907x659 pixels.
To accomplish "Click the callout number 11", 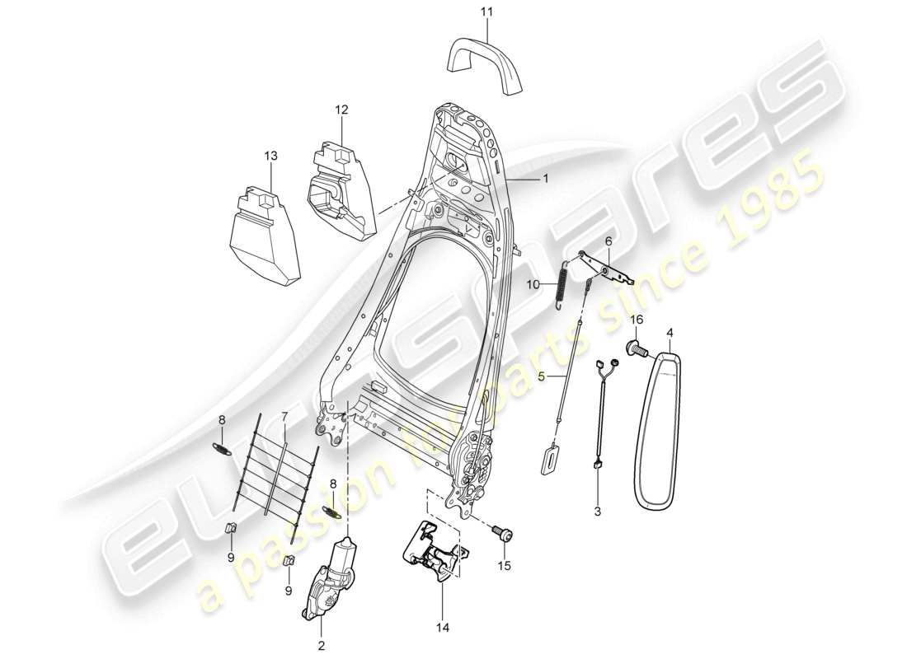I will click(487, 12).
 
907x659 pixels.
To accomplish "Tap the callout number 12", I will click(341, 109).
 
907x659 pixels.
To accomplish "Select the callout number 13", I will click(271, 155).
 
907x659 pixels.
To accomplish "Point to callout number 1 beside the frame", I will click(544, 177).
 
